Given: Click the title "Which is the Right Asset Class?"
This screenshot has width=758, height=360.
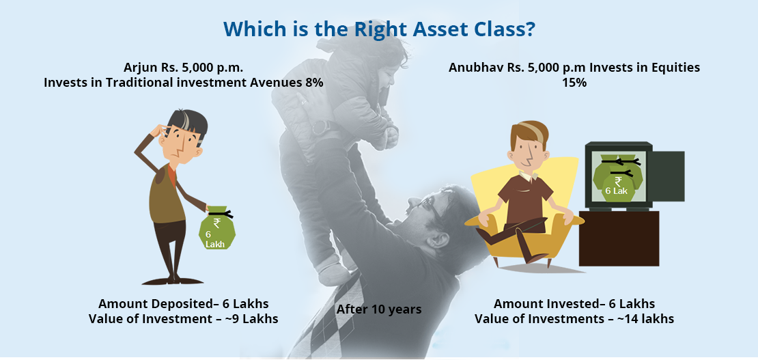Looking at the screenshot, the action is coord(379,29).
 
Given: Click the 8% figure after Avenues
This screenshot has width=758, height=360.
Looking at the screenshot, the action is coord(313,83).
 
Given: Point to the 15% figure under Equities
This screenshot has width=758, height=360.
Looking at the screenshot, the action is coord(574,83).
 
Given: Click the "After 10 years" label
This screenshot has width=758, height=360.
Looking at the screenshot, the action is coord(379,309).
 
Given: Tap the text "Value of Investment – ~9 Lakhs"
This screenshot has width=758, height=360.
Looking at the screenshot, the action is coord(184,320).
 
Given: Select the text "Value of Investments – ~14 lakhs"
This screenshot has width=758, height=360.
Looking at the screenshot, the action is coord(574,320).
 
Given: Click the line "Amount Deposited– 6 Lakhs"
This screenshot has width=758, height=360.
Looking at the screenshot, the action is coord(184,304).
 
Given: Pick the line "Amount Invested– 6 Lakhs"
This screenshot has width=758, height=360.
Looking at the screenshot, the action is coord(574,304).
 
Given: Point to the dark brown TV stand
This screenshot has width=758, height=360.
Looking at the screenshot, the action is coord(619,238).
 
